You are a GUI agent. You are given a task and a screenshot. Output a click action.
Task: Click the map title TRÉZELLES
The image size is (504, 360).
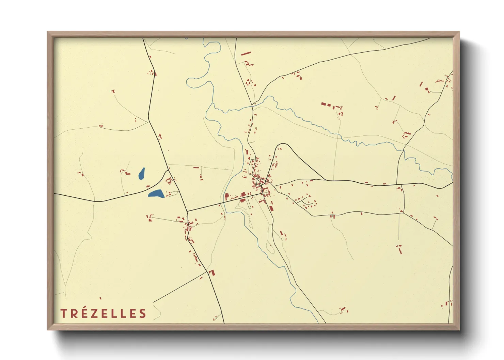[x=103, y=313]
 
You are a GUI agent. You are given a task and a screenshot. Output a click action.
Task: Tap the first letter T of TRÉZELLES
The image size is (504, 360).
[x=63, y=313]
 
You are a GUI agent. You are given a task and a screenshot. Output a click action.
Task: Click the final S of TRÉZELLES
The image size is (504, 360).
[x=143, y=313]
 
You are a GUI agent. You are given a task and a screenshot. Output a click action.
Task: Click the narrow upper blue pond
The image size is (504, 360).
[x=142, y=174]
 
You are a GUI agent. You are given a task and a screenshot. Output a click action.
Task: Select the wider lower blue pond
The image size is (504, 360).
[x=156, y=194]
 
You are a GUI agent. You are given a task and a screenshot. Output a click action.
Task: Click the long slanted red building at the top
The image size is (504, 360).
[x=246, y=53]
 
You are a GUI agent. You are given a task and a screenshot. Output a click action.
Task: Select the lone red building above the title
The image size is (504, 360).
[x=100, y=298]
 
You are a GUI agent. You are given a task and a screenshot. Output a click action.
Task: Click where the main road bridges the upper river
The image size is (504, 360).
[x=252, y=106]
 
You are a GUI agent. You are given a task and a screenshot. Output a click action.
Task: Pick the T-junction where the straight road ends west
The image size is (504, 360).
[x=187, y=211]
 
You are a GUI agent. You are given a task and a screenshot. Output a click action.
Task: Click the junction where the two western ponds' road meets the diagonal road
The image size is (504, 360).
[x=168, y=170]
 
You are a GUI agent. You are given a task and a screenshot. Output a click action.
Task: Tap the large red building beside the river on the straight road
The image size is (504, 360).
[x=226, y=197]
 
